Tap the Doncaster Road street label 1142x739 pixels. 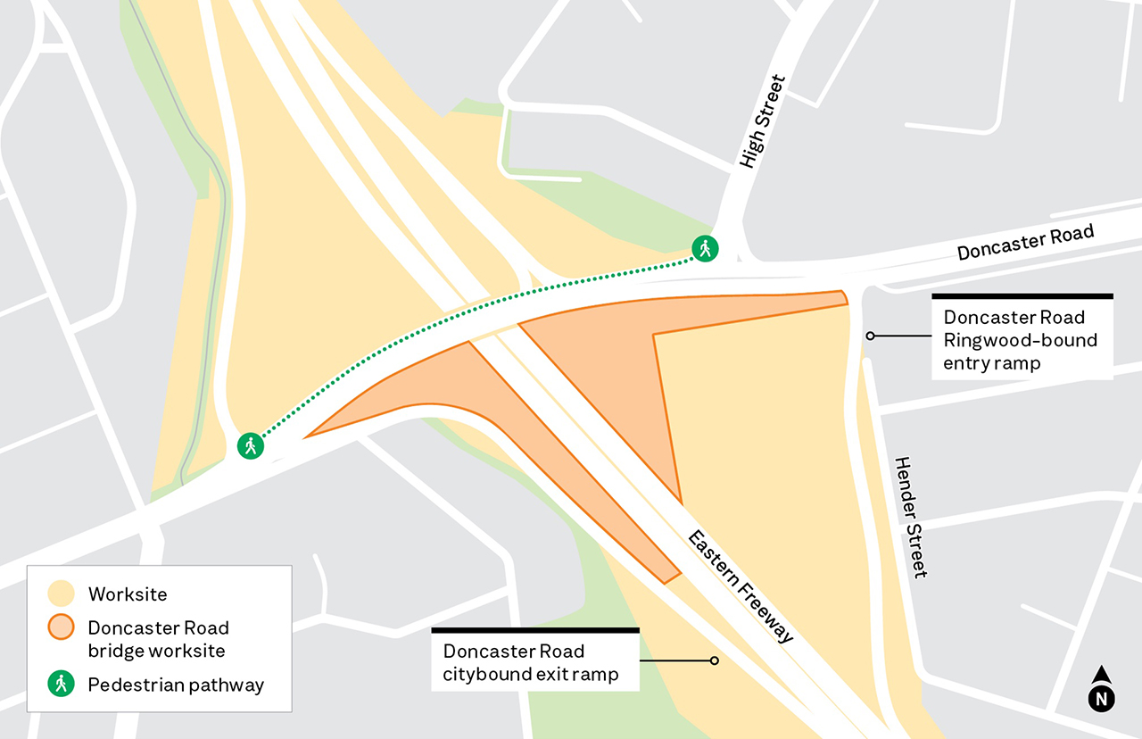coord(1025,243)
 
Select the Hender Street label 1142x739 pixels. coord(911,517)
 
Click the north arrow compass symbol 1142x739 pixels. coord(1102,690)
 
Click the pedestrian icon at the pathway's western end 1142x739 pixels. coord(251,444)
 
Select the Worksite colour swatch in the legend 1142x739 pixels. coord(61,594)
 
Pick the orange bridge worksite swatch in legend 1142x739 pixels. coord(61,628)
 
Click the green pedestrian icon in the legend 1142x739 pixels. coord(61,685)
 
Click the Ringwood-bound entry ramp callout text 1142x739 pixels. coord(1021,340)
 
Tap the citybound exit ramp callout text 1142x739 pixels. coord(531,662)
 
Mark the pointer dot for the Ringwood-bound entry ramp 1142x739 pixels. coord(870,336)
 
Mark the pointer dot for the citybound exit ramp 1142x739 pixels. coord(714,660)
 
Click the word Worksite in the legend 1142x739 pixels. coord(128,594)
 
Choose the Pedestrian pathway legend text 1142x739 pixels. coord(176,685)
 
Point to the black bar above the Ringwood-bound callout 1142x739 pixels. coord(1022,295)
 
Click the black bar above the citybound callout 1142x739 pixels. coord(535,630)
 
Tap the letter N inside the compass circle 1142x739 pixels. coord(1102,698)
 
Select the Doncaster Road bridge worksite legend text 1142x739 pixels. coord(158,639)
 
